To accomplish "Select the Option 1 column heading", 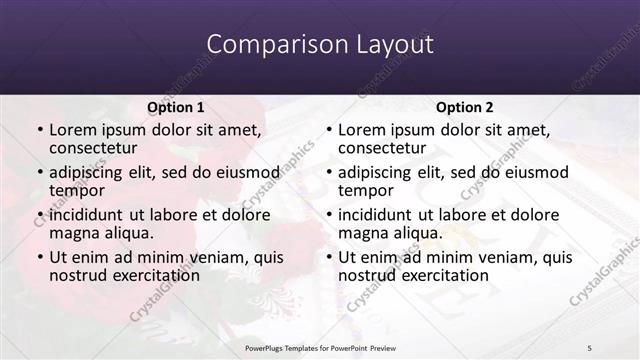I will click(x=176, y=107).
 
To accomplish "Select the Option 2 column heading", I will click(x=465, y=107).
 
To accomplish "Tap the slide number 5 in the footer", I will click(x=589, y=347).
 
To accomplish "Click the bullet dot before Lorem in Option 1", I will click(x=39, y=130).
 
